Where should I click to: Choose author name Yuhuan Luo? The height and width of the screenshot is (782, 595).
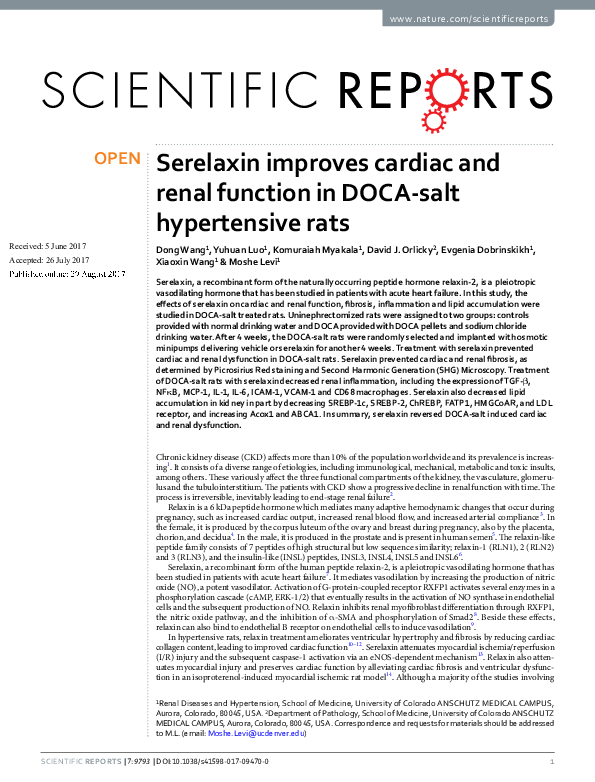(x=240, y=249)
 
